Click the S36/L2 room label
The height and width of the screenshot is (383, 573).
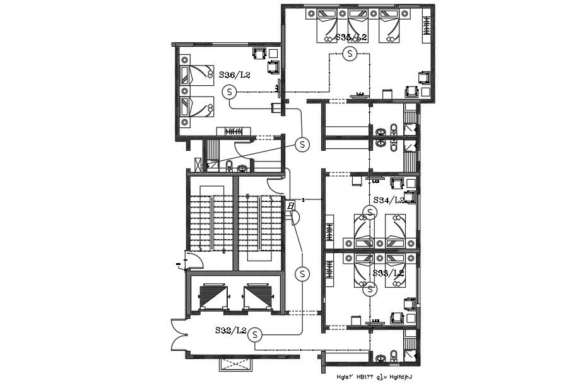[x=235, y=75]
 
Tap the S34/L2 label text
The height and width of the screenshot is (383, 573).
[x=388, y=200]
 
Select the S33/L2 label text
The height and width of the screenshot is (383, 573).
[x=387, y=273]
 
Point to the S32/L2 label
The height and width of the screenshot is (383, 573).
[x=231, y=330]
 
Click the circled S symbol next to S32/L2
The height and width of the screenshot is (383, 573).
[x=255, y=335]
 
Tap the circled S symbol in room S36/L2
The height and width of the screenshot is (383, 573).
[x=230, y=93]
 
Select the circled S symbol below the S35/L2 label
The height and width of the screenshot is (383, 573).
[x=351, y=54]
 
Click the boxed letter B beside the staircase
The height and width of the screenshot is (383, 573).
[x=290, y=206]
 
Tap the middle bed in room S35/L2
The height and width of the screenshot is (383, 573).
[x=358, y=27]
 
